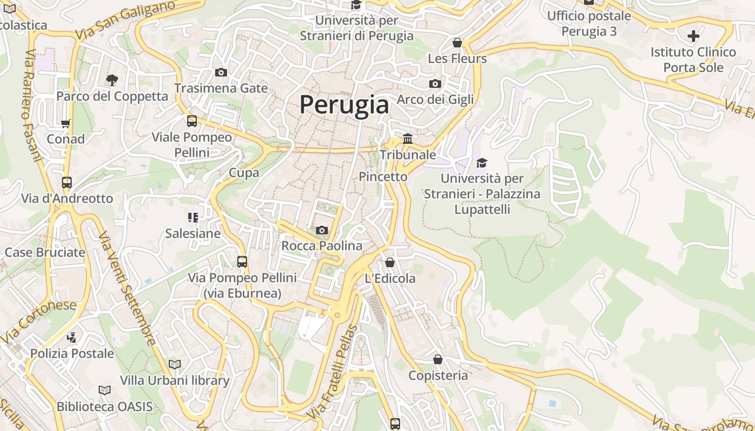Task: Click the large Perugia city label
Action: coord(344,105)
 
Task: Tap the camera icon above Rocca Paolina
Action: coord(322,231)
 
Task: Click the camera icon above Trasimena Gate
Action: coord(221,73)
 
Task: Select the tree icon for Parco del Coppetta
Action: coord(112,80)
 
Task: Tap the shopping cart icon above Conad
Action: coord(66,123)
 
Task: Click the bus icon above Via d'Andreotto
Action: coord(67,183)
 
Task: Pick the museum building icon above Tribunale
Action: coord(408,139)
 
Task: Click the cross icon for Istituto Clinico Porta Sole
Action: coord(693,37)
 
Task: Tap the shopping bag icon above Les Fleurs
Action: coord(457,43)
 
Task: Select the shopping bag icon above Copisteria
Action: coord(438,359)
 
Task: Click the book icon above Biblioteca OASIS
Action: coord(105,391)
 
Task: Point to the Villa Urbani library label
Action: coord(175,380)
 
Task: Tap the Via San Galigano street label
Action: coord(125,19)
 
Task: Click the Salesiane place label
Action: coord(193,233)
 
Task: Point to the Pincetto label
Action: coord(383,177)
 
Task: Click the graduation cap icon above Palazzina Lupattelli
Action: coord(482,163)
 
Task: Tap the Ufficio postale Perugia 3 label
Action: coord(589,24)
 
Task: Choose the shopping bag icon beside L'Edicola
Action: coord(390,262)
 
